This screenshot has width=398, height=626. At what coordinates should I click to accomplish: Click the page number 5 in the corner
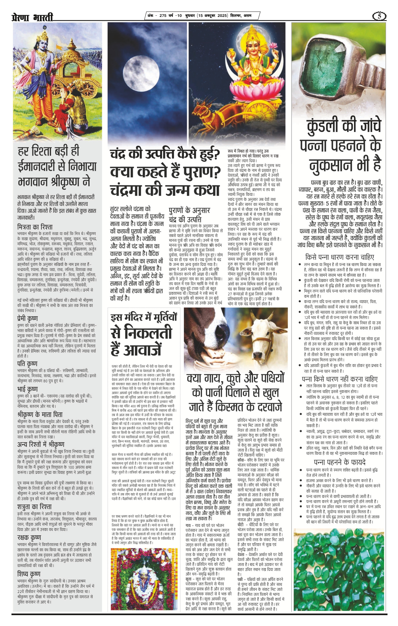coord(379,16)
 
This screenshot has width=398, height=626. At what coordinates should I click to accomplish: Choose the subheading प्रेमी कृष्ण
coord(28,318)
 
